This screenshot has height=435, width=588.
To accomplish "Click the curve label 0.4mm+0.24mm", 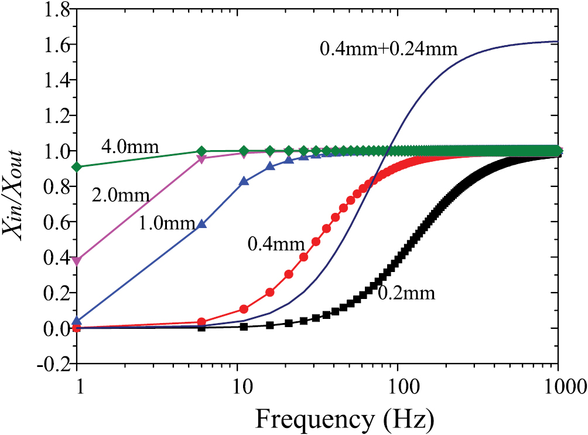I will coord(388,48).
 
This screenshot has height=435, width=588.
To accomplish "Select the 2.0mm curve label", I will coord(121,195).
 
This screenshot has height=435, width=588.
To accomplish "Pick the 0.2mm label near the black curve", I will coord(406,293).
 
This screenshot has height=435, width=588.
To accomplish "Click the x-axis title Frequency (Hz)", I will coord(344,420).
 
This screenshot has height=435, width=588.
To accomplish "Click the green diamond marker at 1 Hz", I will coord(77,167).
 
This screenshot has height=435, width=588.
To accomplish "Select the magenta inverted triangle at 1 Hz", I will coord(77,260).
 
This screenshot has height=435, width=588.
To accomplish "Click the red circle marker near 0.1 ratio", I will coord(244,309).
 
